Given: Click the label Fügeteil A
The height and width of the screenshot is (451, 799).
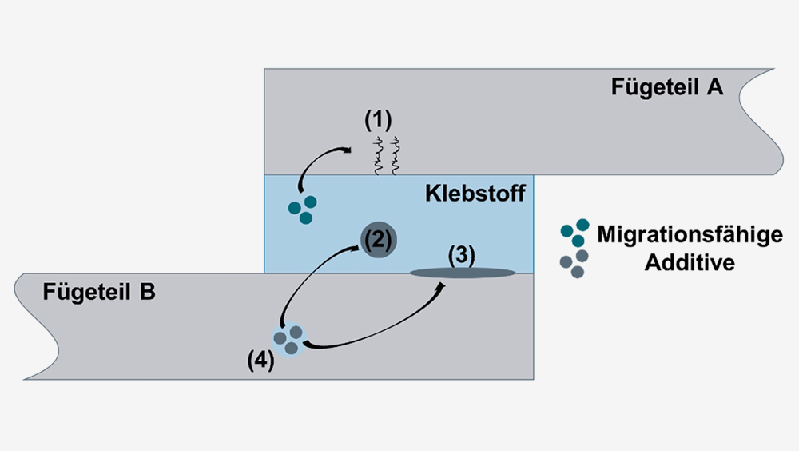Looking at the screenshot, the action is (x=667, y=87).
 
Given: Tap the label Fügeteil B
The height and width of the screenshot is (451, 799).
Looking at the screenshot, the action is (x=99, y=293).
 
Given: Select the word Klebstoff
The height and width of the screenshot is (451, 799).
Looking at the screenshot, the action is (x=475, y=194).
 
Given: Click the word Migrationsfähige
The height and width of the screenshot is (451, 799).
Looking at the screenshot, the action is (x=690, y=235).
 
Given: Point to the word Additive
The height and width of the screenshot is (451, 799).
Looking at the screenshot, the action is (x=690, y=263).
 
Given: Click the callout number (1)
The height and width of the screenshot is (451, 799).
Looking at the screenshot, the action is (x=378, y=120).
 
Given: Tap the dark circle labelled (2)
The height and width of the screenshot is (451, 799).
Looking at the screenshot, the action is (x=379, y=239).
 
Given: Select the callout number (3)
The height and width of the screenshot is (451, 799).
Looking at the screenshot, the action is (x=462, y=255).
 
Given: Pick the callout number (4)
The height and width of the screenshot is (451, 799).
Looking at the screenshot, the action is (x=261, y=360).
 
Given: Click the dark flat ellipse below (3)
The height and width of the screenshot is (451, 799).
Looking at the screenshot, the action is (x=463, y=273).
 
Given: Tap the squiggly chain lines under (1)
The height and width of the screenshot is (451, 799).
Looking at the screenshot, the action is (x=386, y=156).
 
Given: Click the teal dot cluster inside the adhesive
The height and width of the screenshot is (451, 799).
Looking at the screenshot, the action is (x=303, y=210).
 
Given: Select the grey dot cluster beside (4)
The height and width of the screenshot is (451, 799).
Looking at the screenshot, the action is (x=288, y=341).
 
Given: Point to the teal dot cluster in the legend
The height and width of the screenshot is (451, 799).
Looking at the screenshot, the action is (x=574, y=233).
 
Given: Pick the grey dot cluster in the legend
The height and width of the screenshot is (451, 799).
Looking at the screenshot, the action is (x=574, y=264).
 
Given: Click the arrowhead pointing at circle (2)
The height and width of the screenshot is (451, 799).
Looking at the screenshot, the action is (x=356, y=248).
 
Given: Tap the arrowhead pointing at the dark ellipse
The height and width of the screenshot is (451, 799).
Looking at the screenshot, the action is (x=440, y=288).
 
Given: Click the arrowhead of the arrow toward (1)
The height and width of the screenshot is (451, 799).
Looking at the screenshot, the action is (x=347, y=150).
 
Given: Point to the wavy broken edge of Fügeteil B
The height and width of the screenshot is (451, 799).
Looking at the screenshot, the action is (x=37, y=326).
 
